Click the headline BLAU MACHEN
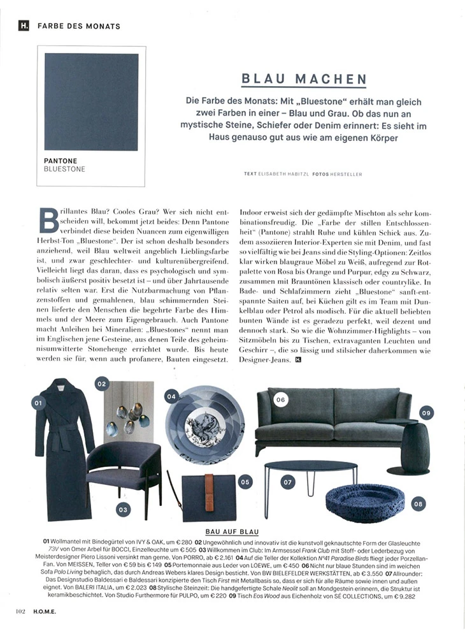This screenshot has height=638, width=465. pos(304,80)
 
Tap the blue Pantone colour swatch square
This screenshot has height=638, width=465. pos(92,101)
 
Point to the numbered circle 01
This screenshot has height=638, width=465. pos(38,403)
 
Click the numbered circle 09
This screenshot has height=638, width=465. pos(426,413)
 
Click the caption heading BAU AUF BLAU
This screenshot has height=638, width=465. pos(232,531)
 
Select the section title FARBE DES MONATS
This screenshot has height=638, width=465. pos(79,26)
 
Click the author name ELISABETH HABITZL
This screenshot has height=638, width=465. pos(285,174)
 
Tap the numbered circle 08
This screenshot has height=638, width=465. pos(418,503)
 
